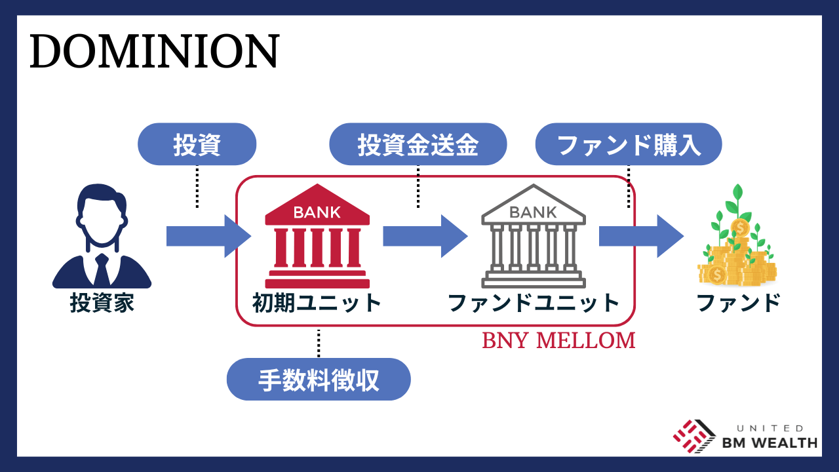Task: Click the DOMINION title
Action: tap(154, 52)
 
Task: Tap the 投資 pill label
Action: tap(197, 145)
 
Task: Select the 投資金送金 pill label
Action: tap(418, 145)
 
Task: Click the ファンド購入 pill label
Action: tap(629, 145)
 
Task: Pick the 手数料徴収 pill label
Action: tap(319, 380)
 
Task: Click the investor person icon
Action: tap(102, 236)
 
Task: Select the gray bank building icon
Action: tap(533, 236)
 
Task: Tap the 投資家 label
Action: tap(102, 304)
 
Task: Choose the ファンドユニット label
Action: tap(533, 304)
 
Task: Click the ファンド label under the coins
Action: tap(738, 304)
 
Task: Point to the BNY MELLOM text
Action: tap(558, 341)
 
